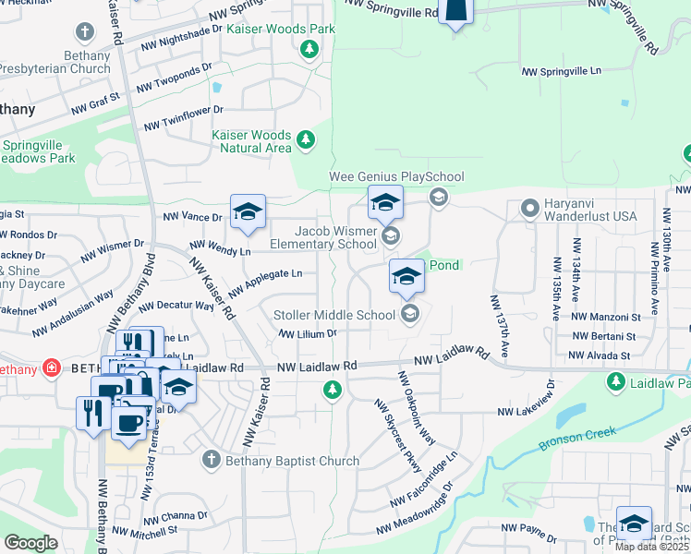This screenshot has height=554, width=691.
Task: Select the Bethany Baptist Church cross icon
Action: (212, 459)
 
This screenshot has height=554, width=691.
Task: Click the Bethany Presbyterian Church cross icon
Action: (85, 34)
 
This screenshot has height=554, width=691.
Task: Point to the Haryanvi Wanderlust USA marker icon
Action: (530, 209)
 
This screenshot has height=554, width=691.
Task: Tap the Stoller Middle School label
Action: (335, 316)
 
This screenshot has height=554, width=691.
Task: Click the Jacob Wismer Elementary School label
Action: (323, 237)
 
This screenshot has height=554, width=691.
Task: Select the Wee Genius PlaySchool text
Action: (396, 176)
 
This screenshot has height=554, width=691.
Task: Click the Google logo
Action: (30, 543)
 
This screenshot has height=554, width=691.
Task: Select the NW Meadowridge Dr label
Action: (415, 507)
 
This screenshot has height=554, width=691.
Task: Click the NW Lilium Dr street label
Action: (307, 333)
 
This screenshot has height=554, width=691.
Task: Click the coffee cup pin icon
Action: (128, 422)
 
